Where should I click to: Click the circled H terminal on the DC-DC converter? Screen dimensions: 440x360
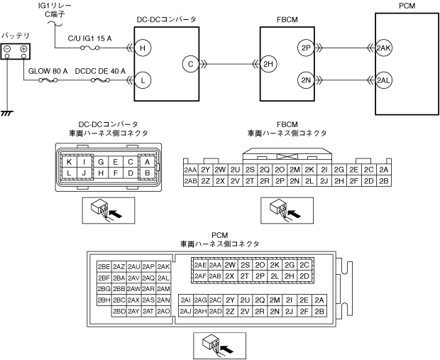point(143,48)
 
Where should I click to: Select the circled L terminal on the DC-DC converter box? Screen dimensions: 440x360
point(143,81)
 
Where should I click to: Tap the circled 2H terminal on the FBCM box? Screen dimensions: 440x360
point(268,64)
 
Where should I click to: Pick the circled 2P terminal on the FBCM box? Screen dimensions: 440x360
point(306,48)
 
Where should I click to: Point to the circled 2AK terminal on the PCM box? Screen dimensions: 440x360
point(384,48)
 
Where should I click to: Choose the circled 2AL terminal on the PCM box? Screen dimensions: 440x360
point(384,81)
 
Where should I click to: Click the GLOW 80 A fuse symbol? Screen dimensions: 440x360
point(48,81)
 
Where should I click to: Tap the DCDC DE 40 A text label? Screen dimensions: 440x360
point(100,71)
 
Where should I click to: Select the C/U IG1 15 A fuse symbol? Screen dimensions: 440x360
point(90,48)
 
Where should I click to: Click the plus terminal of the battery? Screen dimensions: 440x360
point(24,49)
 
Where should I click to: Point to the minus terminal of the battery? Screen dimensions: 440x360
point(7,49)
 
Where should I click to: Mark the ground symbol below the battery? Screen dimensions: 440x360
point(7,114)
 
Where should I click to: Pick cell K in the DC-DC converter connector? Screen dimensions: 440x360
point(69,162)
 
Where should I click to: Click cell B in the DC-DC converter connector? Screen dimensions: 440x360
point(147,173)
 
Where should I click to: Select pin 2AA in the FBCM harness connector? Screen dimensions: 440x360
point(190,170)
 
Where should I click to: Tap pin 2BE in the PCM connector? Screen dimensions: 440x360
point(104,267)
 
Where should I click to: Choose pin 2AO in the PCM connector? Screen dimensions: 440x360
point(163,312)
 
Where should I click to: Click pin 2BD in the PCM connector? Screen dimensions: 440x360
point(119,312)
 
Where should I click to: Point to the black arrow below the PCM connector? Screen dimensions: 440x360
point(226,349)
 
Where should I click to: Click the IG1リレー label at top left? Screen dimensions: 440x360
point(55,6)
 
